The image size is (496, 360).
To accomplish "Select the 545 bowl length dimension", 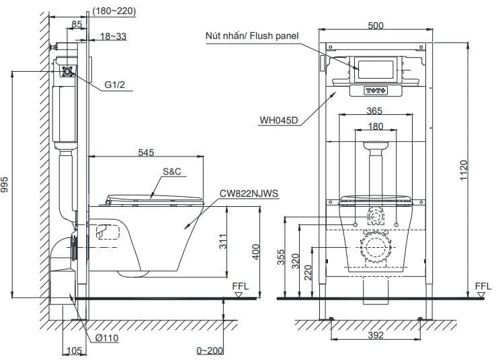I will point(147,152).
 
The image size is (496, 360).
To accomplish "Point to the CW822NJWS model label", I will point(249,193).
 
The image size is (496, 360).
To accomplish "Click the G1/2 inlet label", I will point(114,85).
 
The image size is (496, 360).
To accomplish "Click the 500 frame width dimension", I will point(376,25).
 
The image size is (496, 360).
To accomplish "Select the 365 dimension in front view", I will point(375,112).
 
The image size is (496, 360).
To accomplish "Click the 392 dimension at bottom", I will point(374,334).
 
